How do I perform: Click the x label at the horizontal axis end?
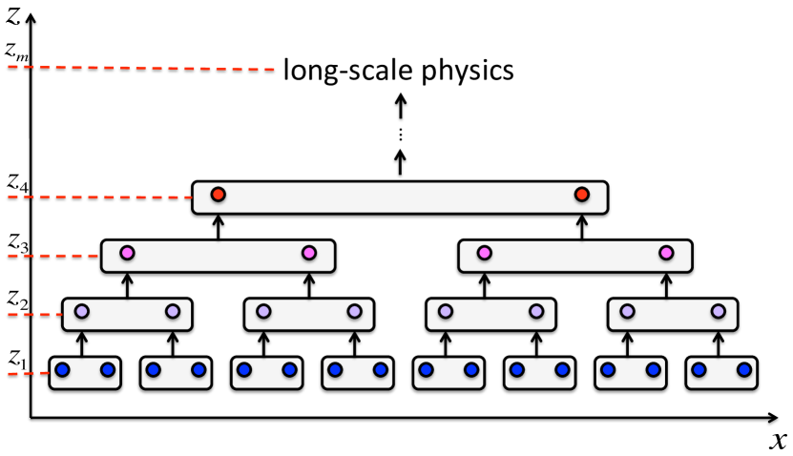click(x=778, y=440)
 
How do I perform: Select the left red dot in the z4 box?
click(x=218, y=195)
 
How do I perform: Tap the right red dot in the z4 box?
click(x=581, y=195)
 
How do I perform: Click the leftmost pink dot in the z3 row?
click(x=127, y=253)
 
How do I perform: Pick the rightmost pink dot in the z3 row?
click(x=666, y=253)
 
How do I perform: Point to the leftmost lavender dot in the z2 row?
click(x=82, y=311)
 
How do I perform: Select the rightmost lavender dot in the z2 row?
click(x=718, y=311)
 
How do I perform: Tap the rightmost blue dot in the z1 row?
click(x=743, y=369)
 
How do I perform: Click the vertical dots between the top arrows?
click(x=401, y=135)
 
